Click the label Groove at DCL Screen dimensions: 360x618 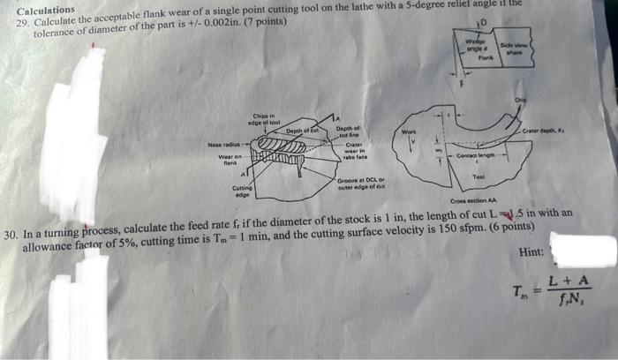[x=362, y=183]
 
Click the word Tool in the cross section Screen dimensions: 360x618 [x=481, y=177]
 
